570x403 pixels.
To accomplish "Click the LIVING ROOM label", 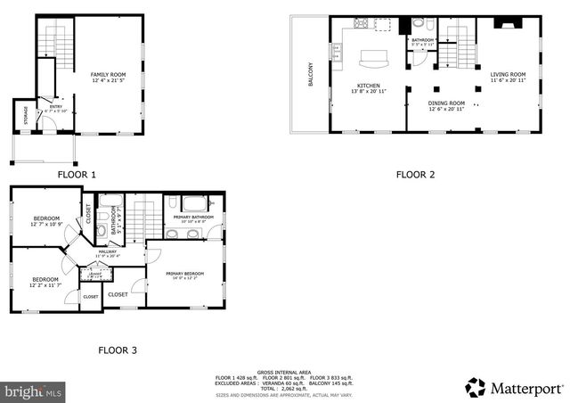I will (508, 75).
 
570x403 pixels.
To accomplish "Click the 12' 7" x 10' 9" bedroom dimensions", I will (46, 225).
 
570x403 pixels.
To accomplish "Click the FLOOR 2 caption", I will (415, 175).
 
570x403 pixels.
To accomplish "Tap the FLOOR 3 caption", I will (117, 350).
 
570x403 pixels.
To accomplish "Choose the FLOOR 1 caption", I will (77, 175).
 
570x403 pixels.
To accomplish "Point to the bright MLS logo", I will (34, 391).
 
